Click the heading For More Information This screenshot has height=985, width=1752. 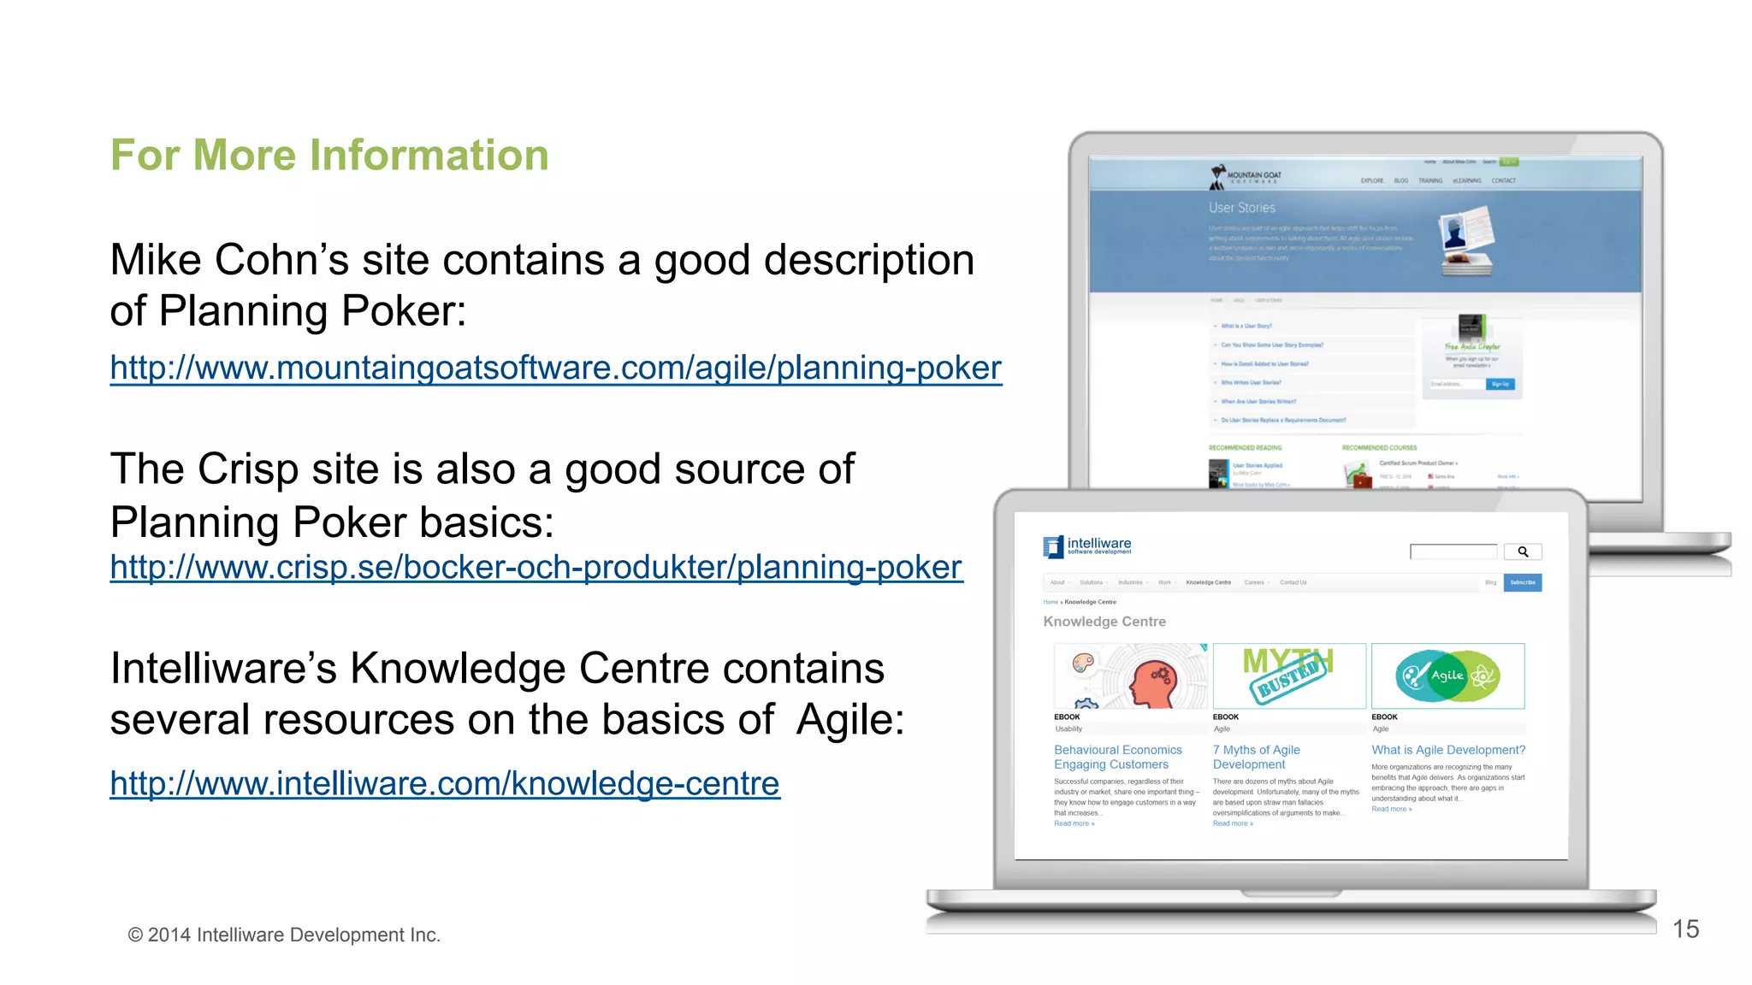(x=329, y=156)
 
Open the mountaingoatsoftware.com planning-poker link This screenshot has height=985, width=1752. (x=555, y=369)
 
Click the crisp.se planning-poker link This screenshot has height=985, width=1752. (x=536, y=568)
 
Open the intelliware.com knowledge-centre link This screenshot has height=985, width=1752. (x=444, y=783)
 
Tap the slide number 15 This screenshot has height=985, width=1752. (x=1684, y=929)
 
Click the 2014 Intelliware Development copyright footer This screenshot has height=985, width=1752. (x=284, y=935)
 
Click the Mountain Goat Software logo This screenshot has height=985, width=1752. (x=1245, y=176)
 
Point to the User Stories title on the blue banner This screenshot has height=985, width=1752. (x=1241, y=208)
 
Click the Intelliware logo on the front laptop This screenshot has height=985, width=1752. (x=1086, y=546)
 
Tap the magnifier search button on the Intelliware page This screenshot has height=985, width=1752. (x=1523, y=552)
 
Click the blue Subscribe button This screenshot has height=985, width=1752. (x=1522, y=583)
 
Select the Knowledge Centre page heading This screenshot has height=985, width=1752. (x=1104, y=622)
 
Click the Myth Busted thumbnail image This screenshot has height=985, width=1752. (x=1288, y=675)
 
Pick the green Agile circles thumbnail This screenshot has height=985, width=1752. (x=1447, y=675)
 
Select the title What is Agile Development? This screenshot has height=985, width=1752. (x=1447, y=750)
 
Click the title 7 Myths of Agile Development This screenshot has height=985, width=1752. (x=1256, y=757)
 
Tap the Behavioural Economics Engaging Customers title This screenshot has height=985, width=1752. (x=1117, y=757)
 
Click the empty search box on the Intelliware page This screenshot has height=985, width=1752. (x=1453, y=552)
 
